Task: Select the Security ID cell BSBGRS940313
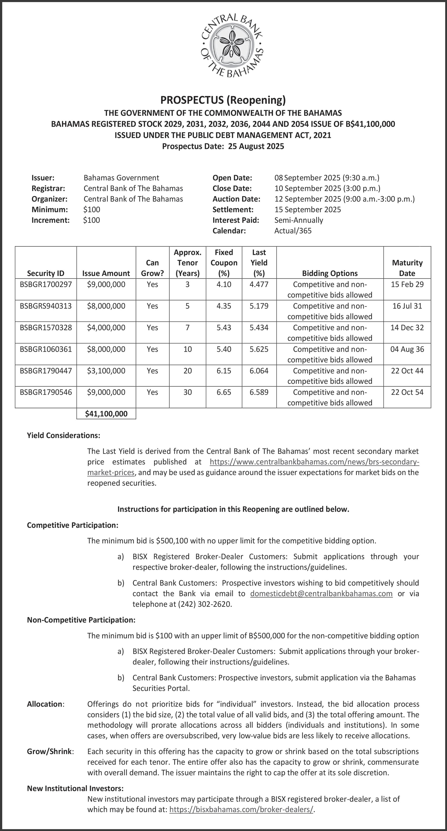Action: coord(46,306)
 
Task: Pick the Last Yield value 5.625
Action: coord(259,349)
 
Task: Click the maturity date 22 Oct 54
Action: coord(407,392)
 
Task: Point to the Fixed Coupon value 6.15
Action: coord(224,371)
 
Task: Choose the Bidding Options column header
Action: coord(330,273)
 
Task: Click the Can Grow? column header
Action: coord(152,268)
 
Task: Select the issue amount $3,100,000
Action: coord(106,371)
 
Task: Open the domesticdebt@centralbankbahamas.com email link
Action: coord(321,594)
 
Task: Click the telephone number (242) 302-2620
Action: coord(204,604)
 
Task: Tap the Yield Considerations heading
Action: coord(63,436)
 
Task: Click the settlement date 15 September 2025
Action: coord(307,210)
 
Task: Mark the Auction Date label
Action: coord(236,199)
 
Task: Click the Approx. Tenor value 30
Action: coord(188,392)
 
